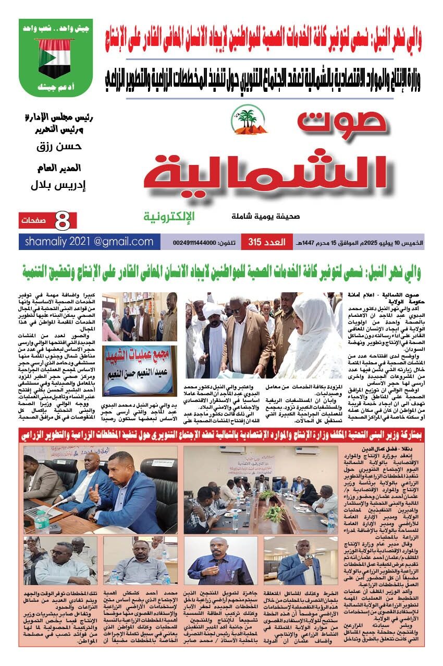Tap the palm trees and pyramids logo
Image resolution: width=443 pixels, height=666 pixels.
(x=250, y=117)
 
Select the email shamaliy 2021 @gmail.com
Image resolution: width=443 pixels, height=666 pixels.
(x=89, y=242)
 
